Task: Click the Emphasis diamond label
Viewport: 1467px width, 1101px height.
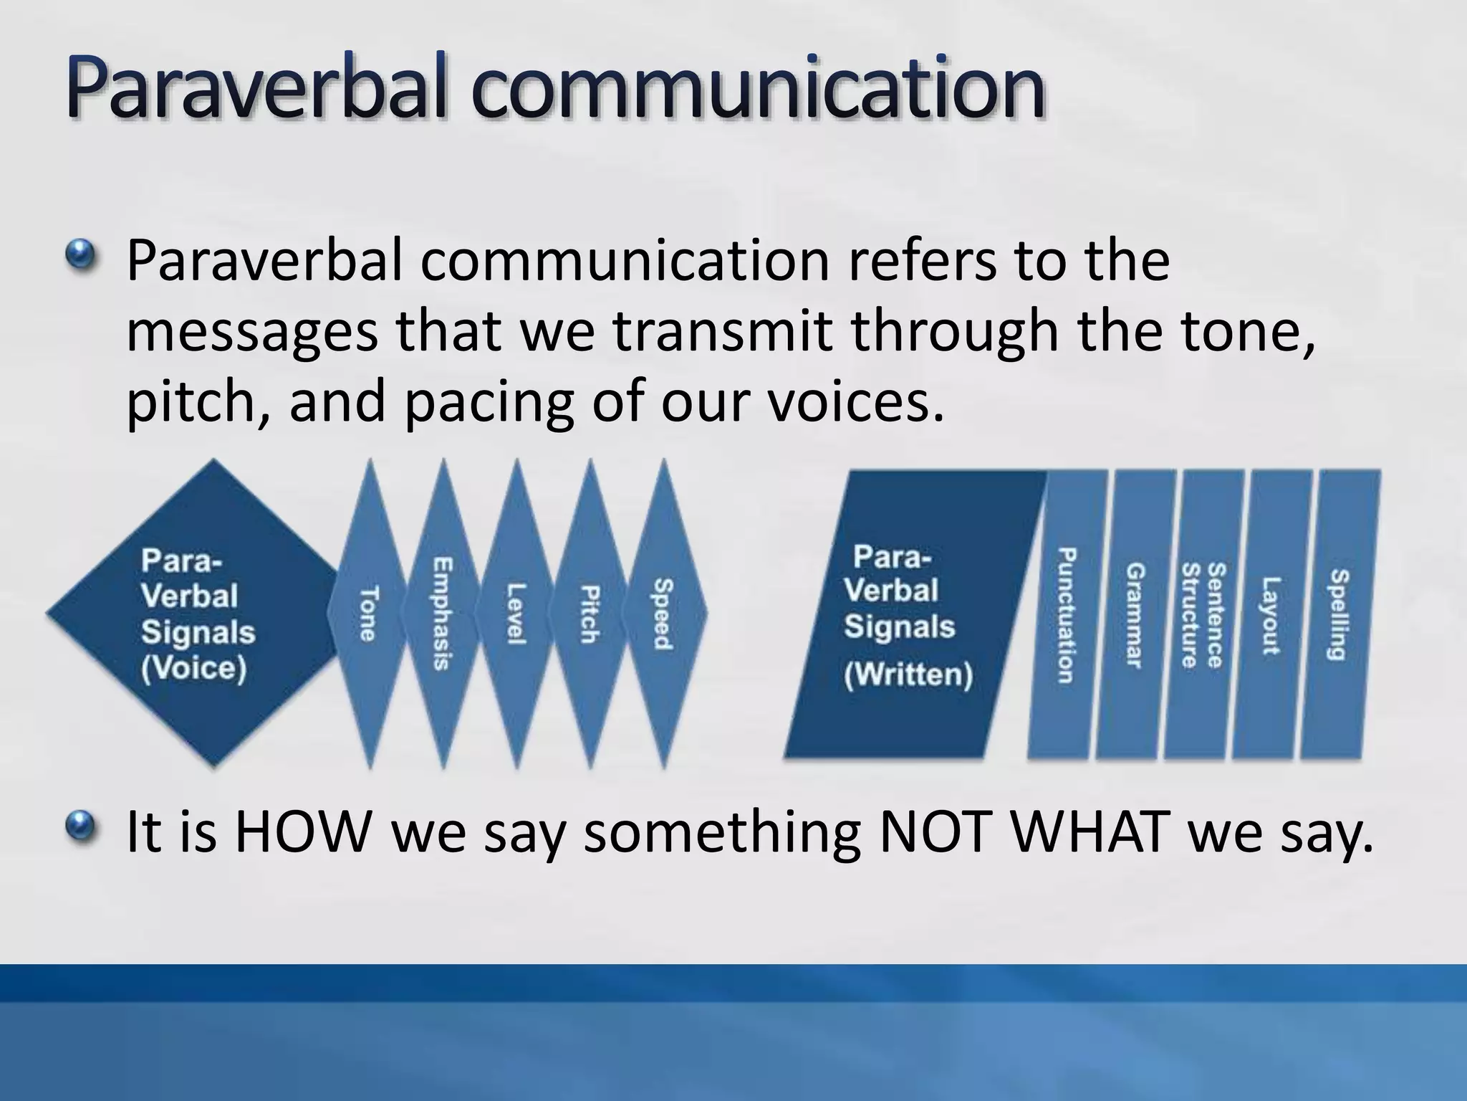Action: coord(442,614)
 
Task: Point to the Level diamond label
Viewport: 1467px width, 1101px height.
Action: coord(516,614)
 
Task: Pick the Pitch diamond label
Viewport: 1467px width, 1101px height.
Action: coord(590,614)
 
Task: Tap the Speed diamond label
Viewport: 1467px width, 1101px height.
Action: coord(663,614)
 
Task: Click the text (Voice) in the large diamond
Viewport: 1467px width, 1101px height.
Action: coord(193,669)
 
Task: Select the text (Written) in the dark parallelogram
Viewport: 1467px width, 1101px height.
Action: coord(908,675)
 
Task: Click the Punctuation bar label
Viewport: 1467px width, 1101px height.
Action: coord(1066,615)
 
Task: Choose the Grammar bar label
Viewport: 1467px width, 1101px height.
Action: coord(1135,615)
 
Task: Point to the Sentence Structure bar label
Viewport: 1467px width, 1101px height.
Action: coord(1203,615)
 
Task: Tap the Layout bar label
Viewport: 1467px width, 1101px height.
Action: coord(1270,615)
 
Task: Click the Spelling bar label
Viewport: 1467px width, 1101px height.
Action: coord(1339,615)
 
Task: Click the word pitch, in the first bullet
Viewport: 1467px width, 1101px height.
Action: coord(198,401)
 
